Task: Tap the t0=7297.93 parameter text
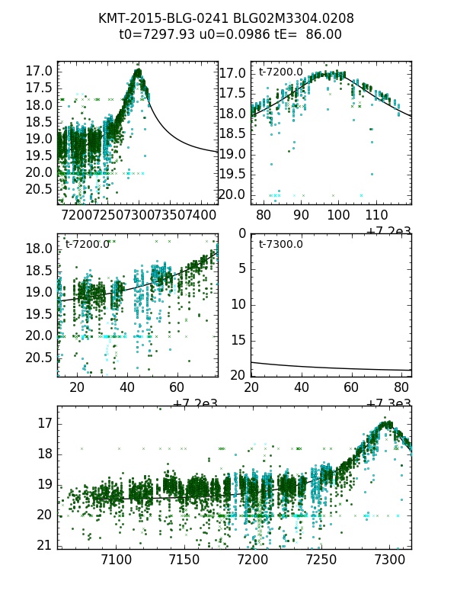(156, 34)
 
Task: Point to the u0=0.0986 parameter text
(232, 34)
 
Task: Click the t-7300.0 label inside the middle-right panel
(280, 244)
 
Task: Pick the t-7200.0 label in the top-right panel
(280, 72)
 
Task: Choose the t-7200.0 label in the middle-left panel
(88, 244)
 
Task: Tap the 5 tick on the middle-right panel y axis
(241, 268)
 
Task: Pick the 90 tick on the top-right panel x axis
(301, 216)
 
